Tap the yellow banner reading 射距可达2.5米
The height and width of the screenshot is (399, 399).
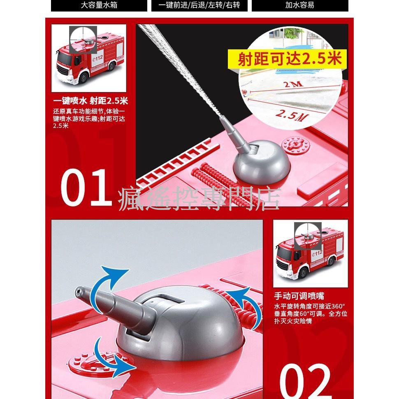[290, 59]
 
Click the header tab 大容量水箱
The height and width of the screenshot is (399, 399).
[99, 5]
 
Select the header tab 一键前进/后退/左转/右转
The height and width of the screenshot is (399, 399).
[199, 5]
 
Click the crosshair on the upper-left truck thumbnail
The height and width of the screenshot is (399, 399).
[83, 40]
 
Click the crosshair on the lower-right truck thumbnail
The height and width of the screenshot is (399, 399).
[307, 236]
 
